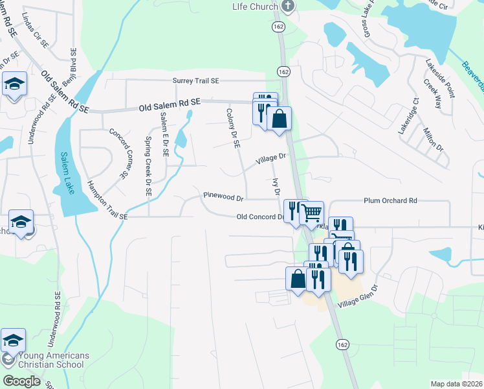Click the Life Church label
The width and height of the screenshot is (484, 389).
click(x=256, y=6)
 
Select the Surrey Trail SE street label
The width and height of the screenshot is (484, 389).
click(x=196, y=80)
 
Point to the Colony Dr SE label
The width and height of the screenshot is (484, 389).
click(x=232, y=127)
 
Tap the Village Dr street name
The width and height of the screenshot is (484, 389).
click(x=270, y=158)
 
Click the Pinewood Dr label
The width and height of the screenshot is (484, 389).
click(x=223, y=196)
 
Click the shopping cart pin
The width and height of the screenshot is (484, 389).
click(x=312, y=211)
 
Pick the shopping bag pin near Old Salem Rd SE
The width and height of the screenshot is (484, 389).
click(x=279, y=119)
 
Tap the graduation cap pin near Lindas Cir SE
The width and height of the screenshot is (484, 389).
click(x=14, y=84)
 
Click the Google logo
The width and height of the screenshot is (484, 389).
click(x=21, y=381)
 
